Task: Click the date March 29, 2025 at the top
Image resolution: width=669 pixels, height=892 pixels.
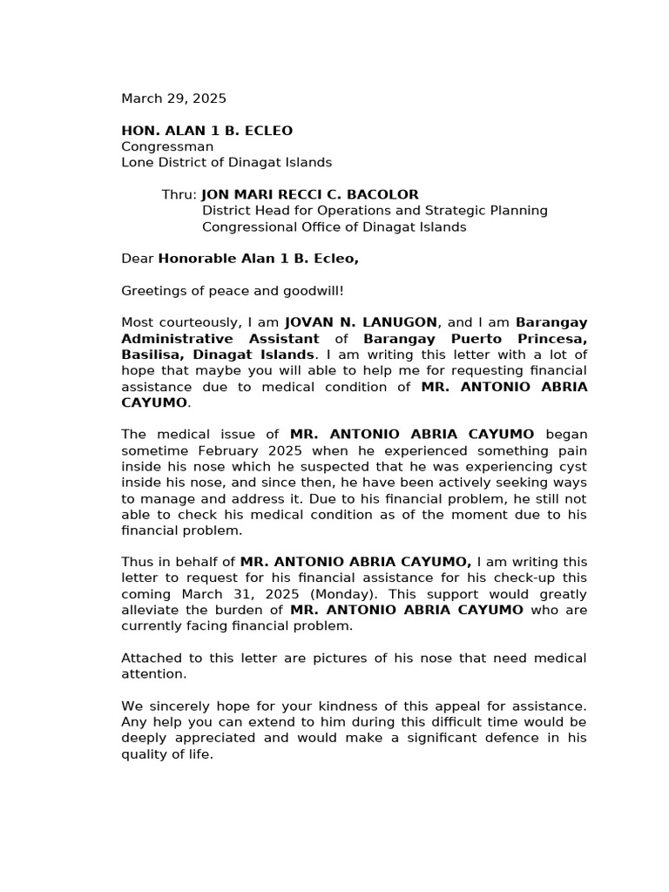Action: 173,99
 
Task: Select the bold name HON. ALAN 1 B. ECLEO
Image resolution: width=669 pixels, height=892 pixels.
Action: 206,131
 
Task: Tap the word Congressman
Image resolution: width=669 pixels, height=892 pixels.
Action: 166,146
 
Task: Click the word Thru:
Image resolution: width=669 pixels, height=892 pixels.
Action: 179,194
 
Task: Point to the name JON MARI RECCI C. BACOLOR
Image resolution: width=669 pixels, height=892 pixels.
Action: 310,194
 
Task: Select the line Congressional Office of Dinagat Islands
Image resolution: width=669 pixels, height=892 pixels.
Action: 334,226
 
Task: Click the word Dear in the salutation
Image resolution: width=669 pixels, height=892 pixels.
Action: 137,259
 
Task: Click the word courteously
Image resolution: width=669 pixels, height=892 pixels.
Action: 199,322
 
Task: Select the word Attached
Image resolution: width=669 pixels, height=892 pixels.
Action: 150,658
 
